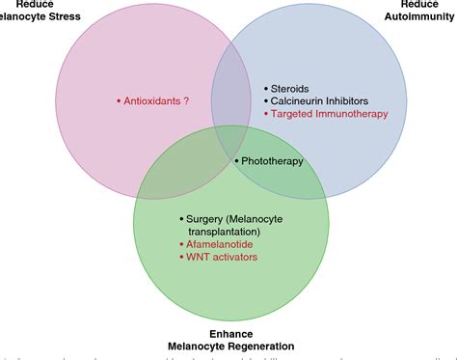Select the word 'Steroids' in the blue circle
click(x=292, y=86)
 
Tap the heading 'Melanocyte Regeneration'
click(x=229, y=345)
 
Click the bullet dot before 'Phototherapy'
click(x=237, y=160)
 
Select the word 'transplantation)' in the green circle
click(x=226, y=232)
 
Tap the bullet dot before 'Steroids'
click(x=266, y=86)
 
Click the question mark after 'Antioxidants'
click(x=186, y=100)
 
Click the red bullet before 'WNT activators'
click(x=181, y=258)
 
